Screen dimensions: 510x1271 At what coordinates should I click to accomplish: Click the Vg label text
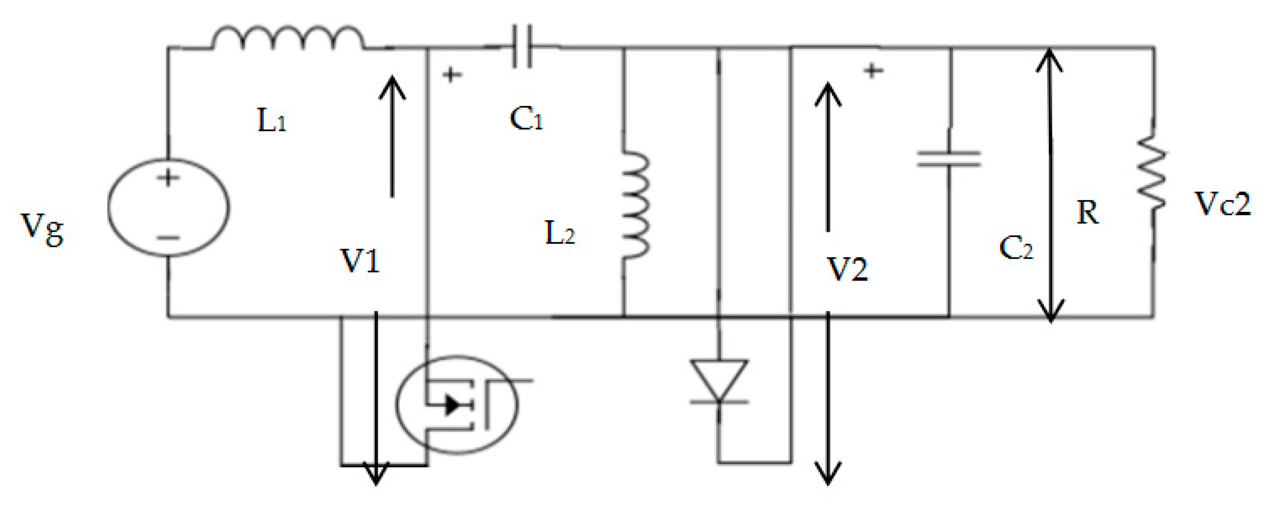42,229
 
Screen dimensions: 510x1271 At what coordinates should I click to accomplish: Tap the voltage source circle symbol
168,207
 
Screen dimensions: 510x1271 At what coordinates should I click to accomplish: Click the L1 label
271,120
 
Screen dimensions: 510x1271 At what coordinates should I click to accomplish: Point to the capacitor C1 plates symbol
522,46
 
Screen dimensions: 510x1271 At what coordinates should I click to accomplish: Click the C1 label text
526,119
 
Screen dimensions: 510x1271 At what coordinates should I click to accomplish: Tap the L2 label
559,233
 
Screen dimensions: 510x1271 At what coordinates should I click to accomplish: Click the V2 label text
847,269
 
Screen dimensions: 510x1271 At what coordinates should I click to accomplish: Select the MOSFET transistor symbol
458,405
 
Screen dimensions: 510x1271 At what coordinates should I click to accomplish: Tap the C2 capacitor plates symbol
948,159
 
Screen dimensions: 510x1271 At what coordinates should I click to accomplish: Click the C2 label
1016,248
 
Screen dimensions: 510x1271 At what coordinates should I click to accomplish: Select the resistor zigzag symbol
1152,173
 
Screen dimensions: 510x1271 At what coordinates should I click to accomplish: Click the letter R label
1088,213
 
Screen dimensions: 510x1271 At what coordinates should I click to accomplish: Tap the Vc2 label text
1222,204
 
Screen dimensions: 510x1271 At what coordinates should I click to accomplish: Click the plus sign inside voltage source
168,177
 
